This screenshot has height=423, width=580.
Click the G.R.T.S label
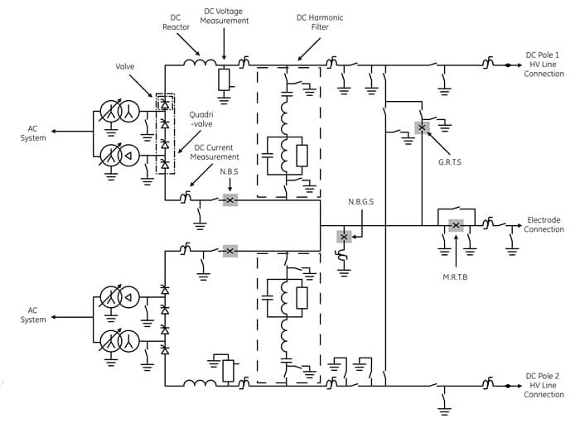[x=449, y=162]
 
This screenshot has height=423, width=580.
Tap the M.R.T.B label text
[x=455, y=277]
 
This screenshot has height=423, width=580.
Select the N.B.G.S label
[x=361, y=202]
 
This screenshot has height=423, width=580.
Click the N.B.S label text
[x=229, y=172]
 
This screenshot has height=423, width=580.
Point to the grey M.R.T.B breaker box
[x=456, y=225]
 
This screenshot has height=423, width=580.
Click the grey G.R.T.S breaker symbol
[x=422, y=127]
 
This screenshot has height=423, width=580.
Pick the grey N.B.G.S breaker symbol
[x=344, y=237]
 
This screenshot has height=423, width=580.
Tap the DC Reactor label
[x=176, y=22]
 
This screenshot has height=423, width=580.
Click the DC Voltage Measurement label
[x=225, y=17]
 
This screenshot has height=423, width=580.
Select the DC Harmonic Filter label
[x=320, y=22]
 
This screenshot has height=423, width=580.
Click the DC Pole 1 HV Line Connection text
[x=544, y=65]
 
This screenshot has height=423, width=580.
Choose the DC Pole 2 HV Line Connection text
[x=544, y=385]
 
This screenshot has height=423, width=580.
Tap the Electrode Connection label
[x=544, y=224]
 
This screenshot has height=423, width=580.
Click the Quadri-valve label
[x=201, y=119]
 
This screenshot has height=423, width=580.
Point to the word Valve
[x=124, y=66]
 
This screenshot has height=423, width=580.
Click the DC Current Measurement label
[x=214, y=152]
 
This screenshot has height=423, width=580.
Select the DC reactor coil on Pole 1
[x=200, y=62]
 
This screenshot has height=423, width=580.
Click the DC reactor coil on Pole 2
[x=200, y=382]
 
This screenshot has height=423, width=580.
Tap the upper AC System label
[x=33, y=133]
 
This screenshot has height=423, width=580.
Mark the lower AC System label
[x=33, y=315]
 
